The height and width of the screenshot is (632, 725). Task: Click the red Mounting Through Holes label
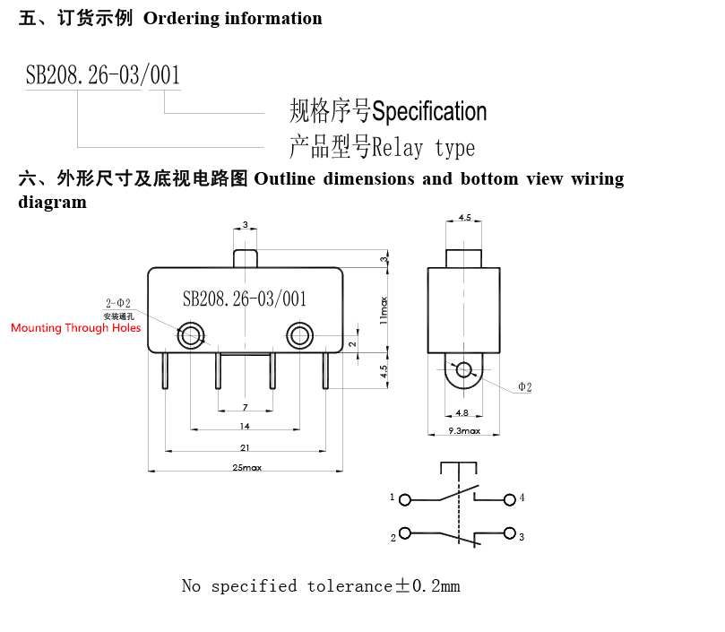(x=76, y=328)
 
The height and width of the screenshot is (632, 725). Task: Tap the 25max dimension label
(x=247, y=468)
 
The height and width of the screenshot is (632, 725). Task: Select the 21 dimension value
(x=245, y=447)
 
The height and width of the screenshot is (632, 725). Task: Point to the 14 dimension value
(x=245, y=426)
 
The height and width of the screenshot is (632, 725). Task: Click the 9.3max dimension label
(x=464, y=430)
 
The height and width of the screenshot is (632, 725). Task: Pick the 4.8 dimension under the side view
(x=462, y=412)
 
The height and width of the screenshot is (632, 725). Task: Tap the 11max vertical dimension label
(x=384, y=310)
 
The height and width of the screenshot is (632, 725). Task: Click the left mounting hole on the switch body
(x=191, y=335)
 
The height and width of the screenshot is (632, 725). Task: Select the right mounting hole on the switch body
(x=299, y=335)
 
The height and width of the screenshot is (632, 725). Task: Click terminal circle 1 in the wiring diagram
(x=404, y=500)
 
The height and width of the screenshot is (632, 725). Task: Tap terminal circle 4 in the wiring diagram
(x=510, y=499)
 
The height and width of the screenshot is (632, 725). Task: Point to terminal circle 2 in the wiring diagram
(x=404, y=533)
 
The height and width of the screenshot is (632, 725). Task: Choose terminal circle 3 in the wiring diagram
(x=510, y=533)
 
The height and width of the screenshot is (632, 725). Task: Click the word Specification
(x=429, y=111)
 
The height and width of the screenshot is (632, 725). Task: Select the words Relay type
(x=423, y=148)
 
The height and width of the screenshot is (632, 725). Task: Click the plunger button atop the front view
(x=245, y=259)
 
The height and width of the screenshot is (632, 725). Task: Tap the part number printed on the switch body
(x=245, y=299)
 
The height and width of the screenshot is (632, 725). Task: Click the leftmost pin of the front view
(x=165, y=370)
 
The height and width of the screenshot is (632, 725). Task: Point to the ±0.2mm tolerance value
(x=427, y=585)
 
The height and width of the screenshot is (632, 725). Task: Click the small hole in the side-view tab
(x=463, y=369)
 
